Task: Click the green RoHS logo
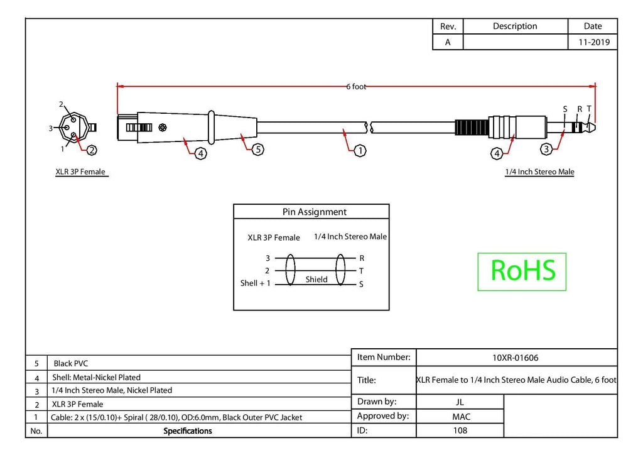pos(522,271)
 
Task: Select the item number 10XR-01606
pos(515,358)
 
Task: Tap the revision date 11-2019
pos(594,42)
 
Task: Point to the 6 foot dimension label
pos(356,87)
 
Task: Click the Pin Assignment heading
pos(314,212)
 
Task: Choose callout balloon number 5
pos(258,150)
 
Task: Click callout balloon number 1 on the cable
pos(360,151)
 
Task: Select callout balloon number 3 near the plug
pos(546,149)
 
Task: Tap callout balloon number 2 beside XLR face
pos(92,150)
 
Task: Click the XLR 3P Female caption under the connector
pos(80,172)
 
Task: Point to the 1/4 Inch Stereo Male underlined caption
pos(539,172)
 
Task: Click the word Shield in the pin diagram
pos(316,280)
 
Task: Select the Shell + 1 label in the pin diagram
pos(255,283)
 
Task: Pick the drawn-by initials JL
pos(460,402)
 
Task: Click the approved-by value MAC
pos(461,417)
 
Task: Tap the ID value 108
pos(460,430)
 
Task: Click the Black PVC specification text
pos(70,363)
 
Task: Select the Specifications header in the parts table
pos(187,430)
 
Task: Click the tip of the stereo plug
pos(595,127)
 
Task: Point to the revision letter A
pos(448,42)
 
